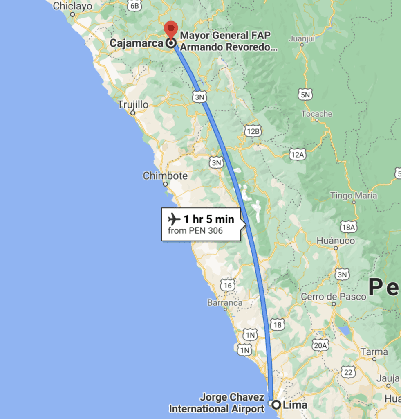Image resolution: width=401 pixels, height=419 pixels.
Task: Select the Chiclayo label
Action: pos(73,6)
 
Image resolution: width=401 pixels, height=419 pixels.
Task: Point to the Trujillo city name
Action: pos(133,104)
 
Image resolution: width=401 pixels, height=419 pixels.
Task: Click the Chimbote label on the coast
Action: pos(165,176)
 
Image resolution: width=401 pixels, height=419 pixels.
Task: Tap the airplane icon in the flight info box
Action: pos(174,219)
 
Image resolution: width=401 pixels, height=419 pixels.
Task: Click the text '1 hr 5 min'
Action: pos(208,219)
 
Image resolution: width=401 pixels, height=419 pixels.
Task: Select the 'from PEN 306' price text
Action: pos(195,231)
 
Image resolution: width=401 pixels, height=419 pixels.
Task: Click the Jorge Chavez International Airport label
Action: pos(217,403)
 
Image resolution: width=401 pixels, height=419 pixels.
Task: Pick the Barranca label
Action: pos(225,303)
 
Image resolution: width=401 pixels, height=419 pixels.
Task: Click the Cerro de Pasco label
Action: pos(334,297)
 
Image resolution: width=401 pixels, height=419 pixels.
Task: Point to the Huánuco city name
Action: pos(336,241)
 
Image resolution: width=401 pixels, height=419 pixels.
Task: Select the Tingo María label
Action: pos(354,196)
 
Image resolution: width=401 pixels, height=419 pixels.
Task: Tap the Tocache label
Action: pos(317,114)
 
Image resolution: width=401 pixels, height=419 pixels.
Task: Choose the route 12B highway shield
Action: pos(253,131)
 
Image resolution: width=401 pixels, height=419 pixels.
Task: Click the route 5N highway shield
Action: pos(305,95)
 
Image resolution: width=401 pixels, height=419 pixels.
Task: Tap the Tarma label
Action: pos(374,351)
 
